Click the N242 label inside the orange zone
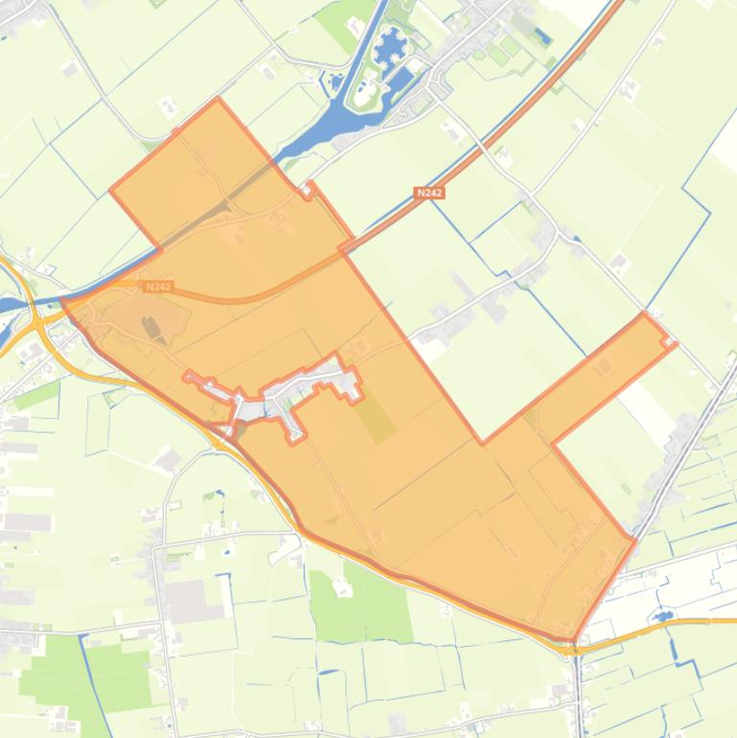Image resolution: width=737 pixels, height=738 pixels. pyautogui.click(x=159, y=286)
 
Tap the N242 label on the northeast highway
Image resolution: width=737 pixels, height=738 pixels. pyautogui.click(x=430, y=193)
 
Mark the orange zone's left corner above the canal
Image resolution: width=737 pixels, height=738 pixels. pyautogui.click(x=111, y=190)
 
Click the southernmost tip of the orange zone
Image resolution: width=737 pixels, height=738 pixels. pyautogui.click(x=574, y=640)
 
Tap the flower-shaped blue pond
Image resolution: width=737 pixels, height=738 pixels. pyautogui.click(x=390, y=45)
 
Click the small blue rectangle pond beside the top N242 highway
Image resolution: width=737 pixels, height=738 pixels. pyautogui.click(x=543, y=38)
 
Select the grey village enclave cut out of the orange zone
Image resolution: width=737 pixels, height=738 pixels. pyautogui.click(x=288, y=398)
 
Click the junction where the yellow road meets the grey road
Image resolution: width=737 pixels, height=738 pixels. pyautogui.click(x=575, y=648)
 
